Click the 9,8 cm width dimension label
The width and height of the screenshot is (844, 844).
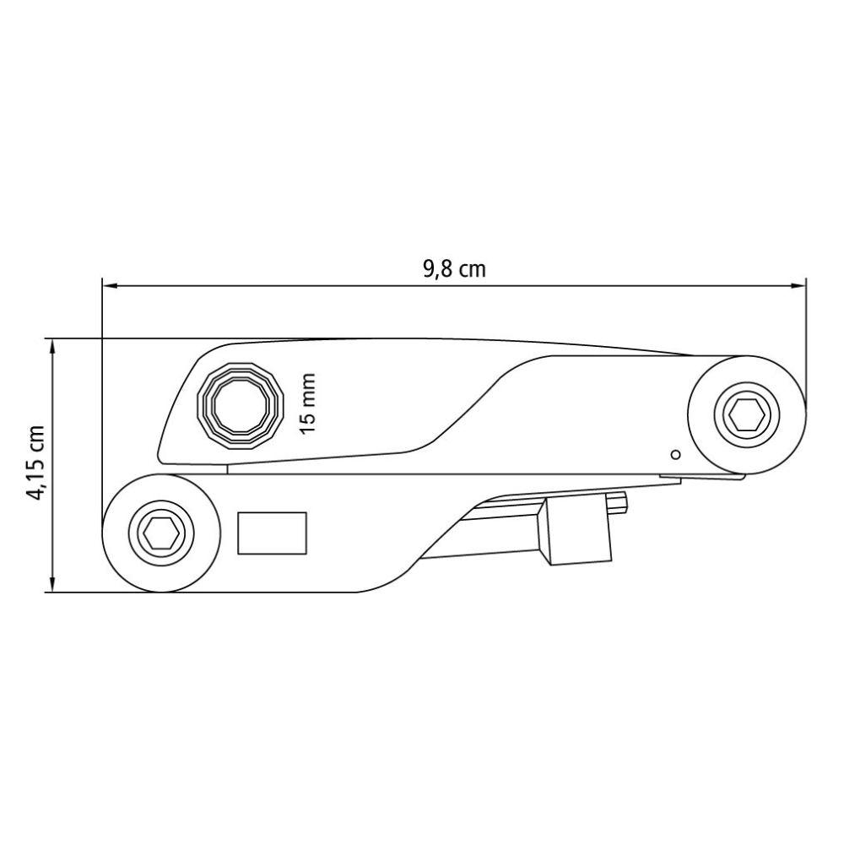[454, 269]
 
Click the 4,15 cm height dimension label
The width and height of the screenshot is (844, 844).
[37, 463]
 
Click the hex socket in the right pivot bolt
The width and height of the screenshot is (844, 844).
[747, 414]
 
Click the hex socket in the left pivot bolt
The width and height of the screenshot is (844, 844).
[161, 533]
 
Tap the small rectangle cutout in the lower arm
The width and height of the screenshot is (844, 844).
[273, 533]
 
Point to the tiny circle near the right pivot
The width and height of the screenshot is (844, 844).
[676, 455]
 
